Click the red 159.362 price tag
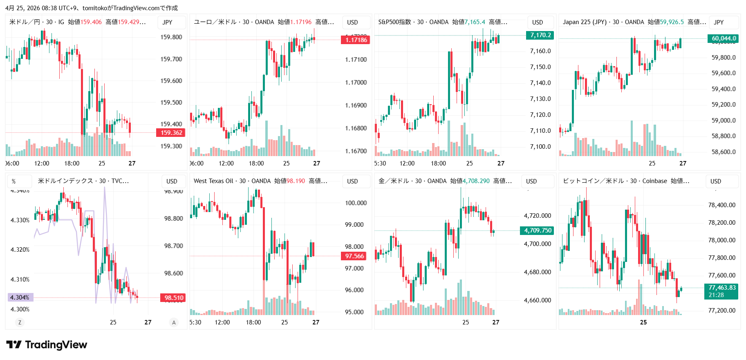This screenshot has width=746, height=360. (x=171, y=133)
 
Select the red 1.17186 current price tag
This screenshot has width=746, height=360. (x=356, y=40)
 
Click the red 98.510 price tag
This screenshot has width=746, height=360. (x=174, y=298)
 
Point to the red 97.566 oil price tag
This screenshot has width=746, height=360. (x=354, y=256)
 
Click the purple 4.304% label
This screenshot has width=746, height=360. (x=20, y=297)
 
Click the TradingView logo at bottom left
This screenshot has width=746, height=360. (x=47, y=345)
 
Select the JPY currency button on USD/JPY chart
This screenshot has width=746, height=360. (x=167, y=22)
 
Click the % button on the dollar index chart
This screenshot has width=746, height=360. (x=14, y=181)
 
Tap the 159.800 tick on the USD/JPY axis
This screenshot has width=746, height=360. (x=171, y=37)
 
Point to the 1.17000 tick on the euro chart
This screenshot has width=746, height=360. (x=356, y=83)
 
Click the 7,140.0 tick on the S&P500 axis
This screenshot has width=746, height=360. (x=540, y=83)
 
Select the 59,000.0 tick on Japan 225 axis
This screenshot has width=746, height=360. (x=723, y=121)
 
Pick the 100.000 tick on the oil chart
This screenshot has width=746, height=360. (x=356, y=203)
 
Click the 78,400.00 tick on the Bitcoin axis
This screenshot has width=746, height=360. (x=721, y=205)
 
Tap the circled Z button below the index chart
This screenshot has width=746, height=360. (x=20, y=322)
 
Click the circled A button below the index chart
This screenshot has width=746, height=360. (x=174, y=322)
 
